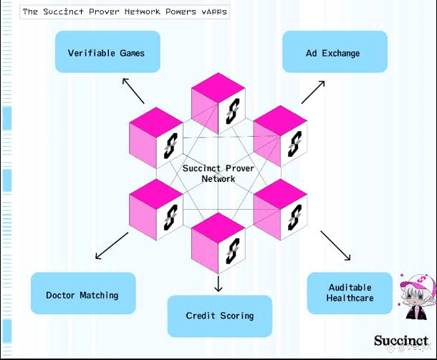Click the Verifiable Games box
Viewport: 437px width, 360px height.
107,52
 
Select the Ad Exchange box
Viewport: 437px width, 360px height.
335,52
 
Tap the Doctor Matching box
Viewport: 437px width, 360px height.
83,293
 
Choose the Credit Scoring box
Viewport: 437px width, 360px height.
220,316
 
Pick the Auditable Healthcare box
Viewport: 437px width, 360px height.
350,293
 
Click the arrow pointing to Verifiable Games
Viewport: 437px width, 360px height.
133,91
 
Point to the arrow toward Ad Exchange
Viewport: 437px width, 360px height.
313,92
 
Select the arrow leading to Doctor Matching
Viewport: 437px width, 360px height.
112,245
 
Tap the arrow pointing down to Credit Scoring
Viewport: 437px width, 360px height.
218,283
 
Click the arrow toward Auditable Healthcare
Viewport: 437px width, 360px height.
335,245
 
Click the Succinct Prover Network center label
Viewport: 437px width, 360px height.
218,173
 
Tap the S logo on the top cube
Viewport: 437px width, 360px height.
232,111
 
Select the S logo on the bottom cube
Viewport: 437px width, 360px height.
232,251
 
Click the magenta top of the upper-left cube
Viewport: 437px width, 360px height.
156,122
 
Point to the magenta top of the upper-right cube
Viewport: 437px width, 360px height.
280,120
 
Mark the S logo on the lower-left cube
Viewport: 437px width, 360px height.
171,218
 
